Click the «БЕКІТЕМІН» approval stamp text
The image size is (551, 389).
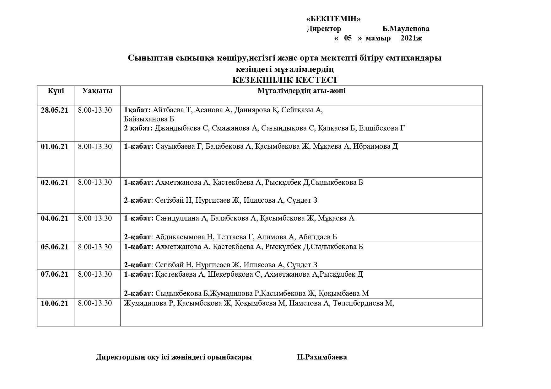coord(333,19)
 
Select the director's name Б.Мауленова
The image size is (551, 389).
coord(406,29)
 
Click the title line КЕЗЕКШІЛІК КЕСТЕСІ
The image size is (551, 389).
coord(284,80)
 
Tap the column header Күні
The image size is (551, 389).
coord(56,91)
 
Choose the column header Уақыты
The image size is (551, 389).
coord(97,91)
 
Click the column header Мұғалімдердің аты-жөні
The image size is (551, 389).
coord(301,91)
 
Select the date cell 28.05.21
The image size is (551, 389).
coord(55,110)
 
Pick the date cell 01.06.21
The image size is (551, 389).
coord(55,147)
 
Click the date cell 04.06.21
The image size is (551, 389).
coord(55,218)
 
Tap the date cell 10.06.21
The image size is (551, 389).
coord(55,303)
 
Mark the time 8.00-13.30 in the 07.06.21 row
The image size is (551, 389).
coord(95,274)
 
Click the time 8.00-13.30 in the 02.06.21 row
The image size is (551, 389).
coord(95,183)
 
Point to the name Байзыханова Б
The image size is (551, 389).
coord(149,119)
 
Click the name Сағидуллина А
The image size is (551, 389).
coord(181,218)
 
